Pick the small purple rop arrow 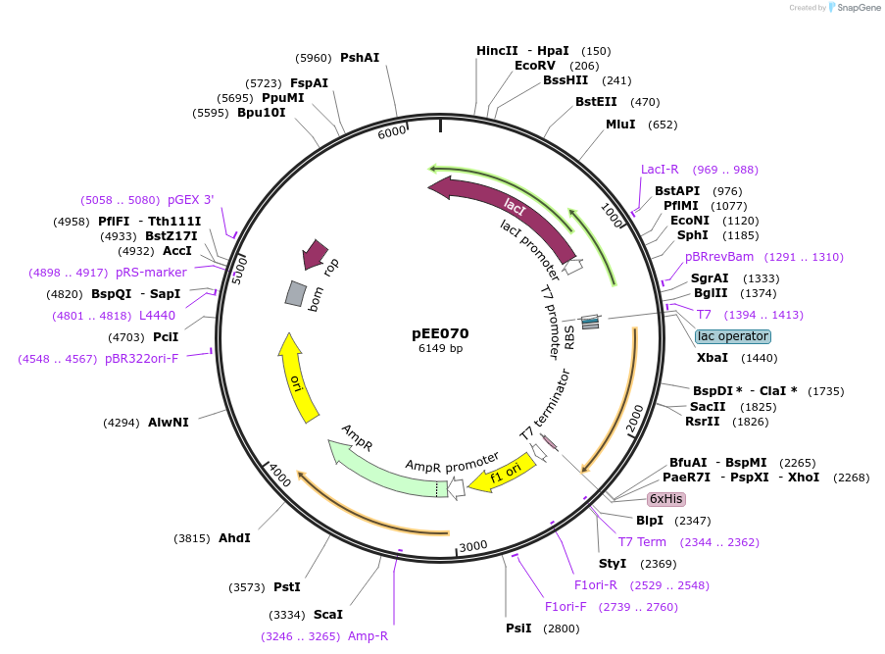[x=315, y=253]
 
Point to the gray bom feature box [x=295, y=293]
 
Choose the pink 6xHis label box [x=665, y=498]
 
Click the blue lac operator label [x=733, y=336]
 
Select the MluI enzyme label [x=620, y=125]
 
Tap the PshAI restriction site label [x=360, y=58]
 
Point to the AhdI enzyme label [x=234, y=537]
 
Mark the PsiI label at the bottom [x=518, y=628]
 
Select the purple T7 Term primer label [x=642, y=542]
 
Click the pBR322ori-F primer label [x=142, y=358]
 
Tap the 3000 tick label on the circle [x=473, y=545]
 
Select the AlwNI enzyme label [x=169, y=423]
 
